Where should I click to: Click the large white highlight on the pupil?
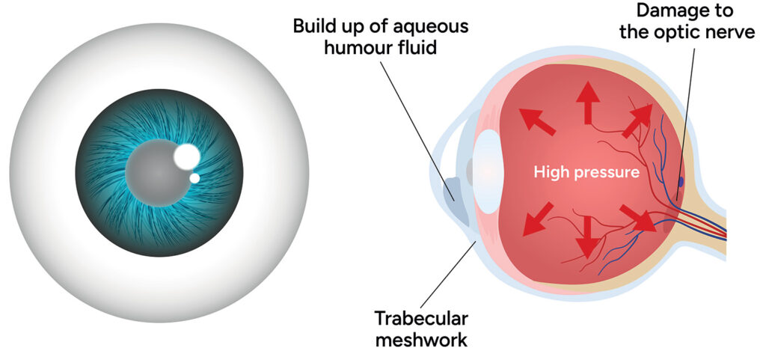point(186,156)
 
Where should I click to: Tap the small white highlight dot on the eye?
point(194,178)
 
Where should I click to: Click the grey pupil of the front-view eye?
point(153,173)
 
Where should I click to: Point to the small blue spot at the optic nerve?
point(681,182)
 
